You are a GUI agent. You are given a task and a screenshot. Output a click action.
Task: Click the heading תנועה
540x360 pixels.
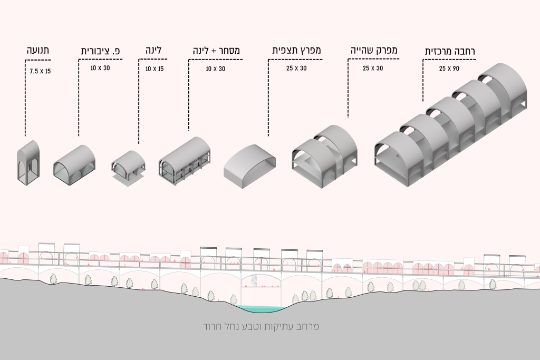coord(38,50)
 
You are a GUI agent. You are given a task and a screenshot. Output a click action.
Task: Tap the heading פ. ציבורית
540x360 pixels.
coord(101,51)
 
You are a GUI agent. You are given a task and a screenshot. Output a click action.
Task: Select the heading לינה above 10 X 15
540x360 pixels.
coord(153,50)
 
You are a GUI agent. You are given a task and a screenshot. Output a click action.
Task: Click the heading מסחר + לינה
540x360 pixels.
coord(216,50)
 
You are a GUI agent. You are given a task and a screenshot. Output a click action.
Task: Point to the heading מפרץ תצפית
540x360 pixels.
coord(296,50)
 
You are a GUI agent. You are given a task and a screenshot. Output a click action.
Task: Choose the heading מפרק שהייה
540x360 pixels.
coord(374,50)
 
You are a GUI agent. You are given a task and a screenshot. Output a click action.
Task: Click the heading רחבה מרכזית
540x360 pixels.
coord(450,52)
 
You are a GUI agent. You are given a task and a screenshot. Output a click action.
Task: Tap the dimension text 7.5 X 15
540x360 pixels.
coord(40,71)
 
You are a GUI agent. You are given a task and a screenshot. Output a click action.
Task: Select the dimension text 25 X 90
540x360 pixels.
coord(449,69)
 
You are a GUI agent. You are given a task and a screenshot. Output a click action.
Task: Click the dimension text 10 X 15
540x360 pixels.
coord(155,69)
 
